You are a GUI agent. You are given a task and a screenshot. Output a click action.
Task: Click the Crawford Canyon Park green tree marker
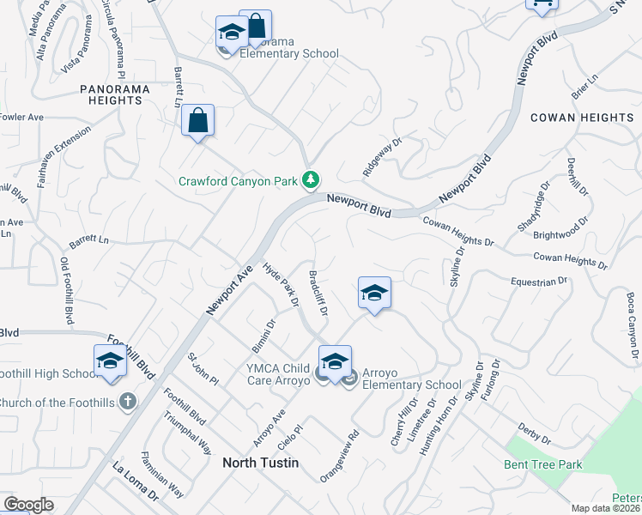point(311,180)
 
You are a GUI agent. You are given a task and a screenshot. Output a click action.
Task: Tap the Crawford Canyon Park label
point(236,181)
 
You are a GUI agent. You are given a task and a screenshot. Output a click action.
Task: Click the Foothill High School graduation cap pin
point(110,362)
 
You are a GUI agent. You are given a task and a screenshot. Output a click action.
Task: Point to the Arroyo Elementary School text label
point(412,379)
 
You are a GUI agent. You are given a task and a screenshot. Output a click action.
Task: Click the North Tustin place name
point(260,463)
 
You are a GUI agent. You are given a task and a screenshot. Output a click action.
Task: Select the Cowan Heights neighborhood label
point(581,117)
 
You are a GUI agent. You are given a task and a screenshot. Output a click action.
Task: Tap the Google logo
point(28,505)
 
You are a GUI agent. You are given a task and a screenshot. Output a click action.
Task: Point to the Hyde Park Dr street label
point(281,285)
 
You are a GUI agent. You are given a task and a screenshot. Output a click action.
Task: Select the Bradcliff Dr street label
point(318,293)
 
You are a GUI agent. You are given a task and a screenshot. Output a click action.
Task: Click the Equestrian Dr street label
point(539,281)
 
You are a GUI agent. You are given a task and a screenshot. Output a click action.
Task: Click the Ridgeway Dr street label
point(382,158)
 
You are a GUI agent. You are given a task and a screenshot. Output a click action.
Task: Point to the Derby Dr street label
point(534,434)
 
